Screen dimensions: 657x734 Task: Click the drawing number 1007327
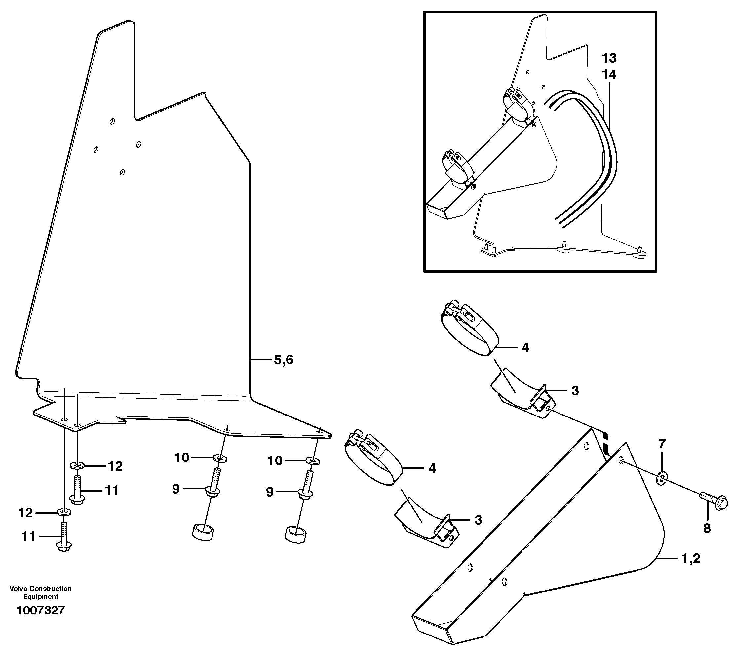40,610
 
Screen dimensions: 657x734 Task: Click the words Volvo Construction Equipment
40,592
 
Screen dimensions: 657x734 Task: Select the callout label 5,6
284,360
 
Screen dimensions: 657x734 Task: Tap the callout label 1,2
690,558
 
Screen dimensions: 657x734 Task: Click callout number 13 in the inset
609,58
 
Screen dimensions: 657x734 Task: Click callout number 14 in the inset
609,75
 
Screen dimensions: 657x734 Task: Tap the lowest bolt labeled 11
64,538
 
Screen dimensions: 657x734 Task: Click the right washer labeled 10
313,461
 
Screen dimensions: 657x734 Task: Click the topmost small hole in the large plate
112,122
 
